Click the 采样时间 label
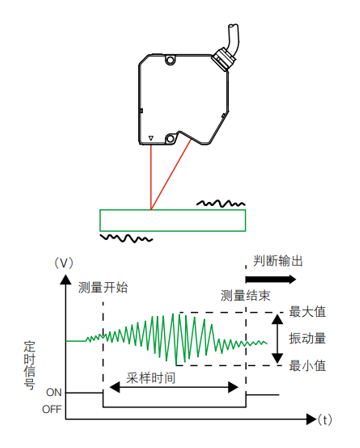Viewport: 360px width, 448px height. pos(151,382)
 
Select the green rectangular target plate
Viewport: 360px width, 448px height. pos(172,219)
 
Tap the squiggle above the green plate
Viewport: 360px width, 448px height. pos(220,203)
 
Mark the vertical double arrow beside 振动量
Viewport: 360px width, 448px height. pos(276,339)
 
